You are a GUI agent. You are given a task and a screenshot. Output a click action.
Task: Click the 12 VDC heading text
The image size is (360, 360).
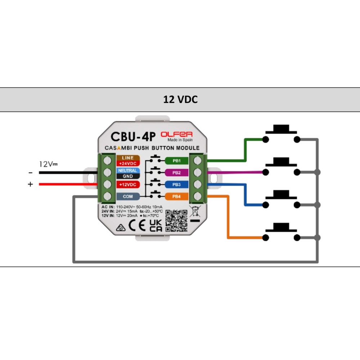[x=180, y=100]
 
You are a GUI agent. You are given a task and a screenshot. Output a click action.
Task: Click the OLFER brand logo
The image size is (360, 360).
[x=176, y=134]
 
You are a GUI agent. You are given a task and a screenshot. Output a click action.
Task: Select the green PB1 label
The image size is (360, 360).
[x=176, y=161]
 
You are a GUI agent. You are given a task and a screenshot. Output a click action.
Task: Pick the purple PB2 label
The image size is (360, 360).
[x=176, y=173]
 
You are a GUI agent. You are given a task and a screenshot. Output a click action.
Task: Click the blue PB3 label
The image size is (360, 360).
[x=176, y=185]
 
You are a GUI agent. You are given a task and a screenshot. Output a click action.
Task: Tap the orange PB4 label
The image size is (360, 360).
[x=176, y=197]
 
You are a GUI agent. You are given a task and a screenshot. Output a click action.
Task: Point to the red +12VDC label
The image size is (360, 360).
[x=127, y=185]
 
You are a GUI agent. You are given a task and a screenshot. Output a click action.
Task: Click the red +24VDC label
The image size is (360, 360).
[x=127, y=163]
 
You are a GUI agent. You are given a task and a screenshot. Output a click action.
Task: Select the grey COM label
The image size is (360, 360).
[x=127, y=197]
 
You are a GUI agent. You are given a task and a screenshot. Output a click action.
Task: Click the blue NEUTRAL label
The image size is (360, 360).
[x=127, y=170]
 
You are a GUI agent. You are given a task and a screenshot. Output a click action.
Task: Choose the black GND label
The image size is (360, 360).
[x=127, y=176]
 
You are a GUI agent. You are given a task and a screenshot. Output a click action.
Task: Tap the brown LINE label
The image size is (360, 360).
[x=127, y=158]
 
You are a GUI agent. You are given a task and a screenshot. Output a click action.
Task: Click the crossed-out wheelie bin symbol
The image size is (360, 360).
[x=195, y=212]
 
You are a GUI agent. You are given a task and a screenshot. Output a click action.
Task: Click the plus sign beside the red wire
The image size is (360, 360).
[x=30, y=184]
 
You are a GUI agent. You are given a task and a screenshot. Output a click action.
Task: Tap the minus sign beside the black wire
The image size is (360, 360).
[x=30, y=173]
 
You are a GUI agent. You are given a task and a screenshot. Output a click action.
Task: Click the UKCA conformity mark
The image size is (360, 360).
[x=156, y=225]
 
